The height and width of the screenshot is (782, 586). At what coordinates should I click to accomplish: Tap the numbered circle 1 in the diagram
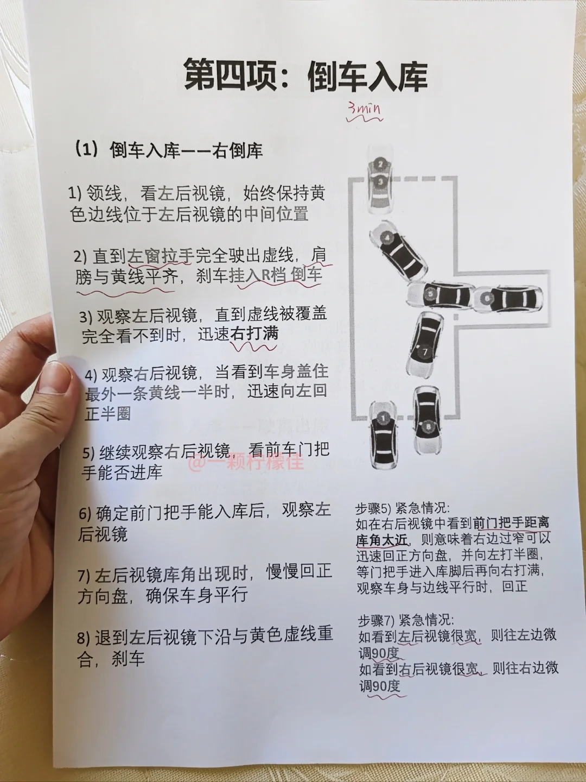pyautogui.click(x=383, y=418)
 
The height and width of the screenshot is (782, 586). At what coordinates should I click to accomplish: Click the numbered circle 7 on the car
pyautogui.click(x=425, y=352)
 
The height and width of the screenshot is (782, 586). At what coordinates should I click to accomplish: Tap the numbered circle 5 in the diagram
pyautogui.click(x=430, y=294)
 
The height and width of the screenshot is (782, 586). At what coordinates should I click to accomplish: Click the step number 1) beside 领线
pyautogui.click(x=75, y=194)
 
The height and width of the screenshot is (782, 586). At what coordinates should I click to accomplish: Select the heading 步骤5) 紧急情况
pyautogui.click(x=403, y=508)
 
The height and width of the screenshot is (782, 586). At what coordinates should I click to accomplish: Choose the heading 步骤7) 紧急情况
pyautogui.click(x=406, y=621)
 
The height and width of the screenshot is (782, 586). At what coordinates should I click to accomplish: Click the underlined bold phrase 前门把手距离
pyautogui.click(x=512, y=524)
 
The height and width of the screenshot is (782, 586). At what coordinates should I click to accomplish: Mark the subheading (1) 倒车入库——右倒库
pyautogui.click(x=169, y=150)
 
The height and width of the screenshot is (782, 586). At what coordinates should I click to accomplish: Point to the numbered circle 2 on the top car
pyautogui.click(x=381, y=164)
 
